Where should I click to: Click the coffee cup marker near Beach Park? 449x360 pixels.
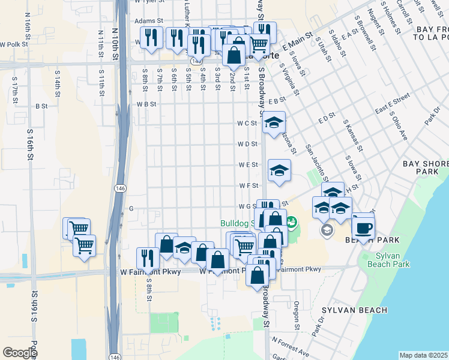click(364, 228)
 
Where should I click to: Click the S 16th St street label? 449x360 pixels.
click(29, 144)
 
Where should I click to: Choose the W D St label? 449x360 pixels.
click(247, 144)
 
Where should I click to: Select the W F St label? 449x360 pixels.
click(248, 186)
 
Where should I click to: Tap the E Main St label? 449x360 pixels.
click(298, 42)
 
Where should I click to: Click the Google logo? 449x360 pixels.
click(20, 352)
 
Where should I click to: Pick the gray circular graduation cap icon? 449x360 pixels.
click(327, 230)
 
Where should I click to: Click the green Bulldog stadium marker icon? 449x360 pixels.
click(292, 223)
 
